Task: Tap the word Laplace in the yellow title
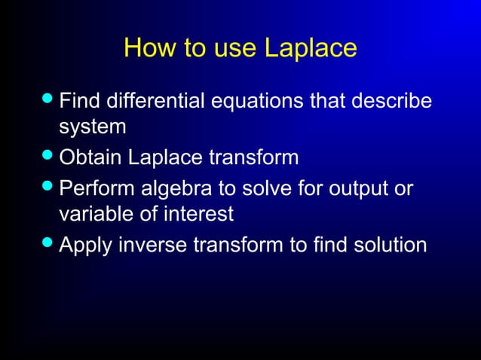[x=310, y=49]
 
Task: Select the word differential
[x=156, y=99]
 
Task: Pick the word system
[x=92, y=127]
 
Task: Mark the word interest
[x=198, y=215]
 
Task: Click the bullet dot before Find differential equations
[x=49, y=99]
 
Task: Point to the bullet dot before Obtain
[x=49, y=157]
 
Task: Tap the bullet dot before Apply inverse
[x=49, y=244]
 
